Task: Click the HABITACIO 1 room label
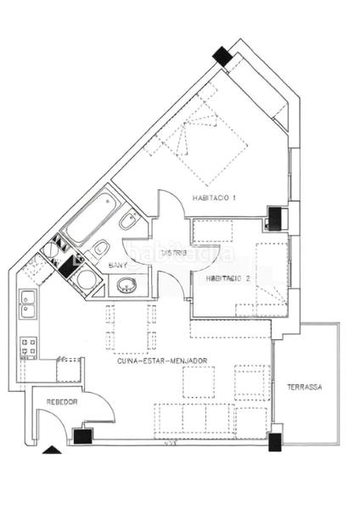214,198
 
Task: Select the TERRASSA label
304,386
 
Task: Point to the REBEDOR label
63,402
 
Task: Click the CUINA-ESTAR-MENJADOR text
163,361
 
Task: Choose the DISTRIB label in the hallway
174,252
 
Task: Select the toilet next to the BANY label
99,249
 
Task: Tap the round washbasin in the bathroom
127,285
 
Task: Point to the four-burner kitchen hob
29,346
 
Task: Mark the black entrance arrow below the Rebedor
53,450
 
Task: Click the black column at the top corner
222,56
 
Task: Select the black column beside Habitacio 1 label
275,219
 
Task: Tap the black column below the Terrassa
274,441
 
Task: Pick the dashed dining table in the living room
131,328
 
